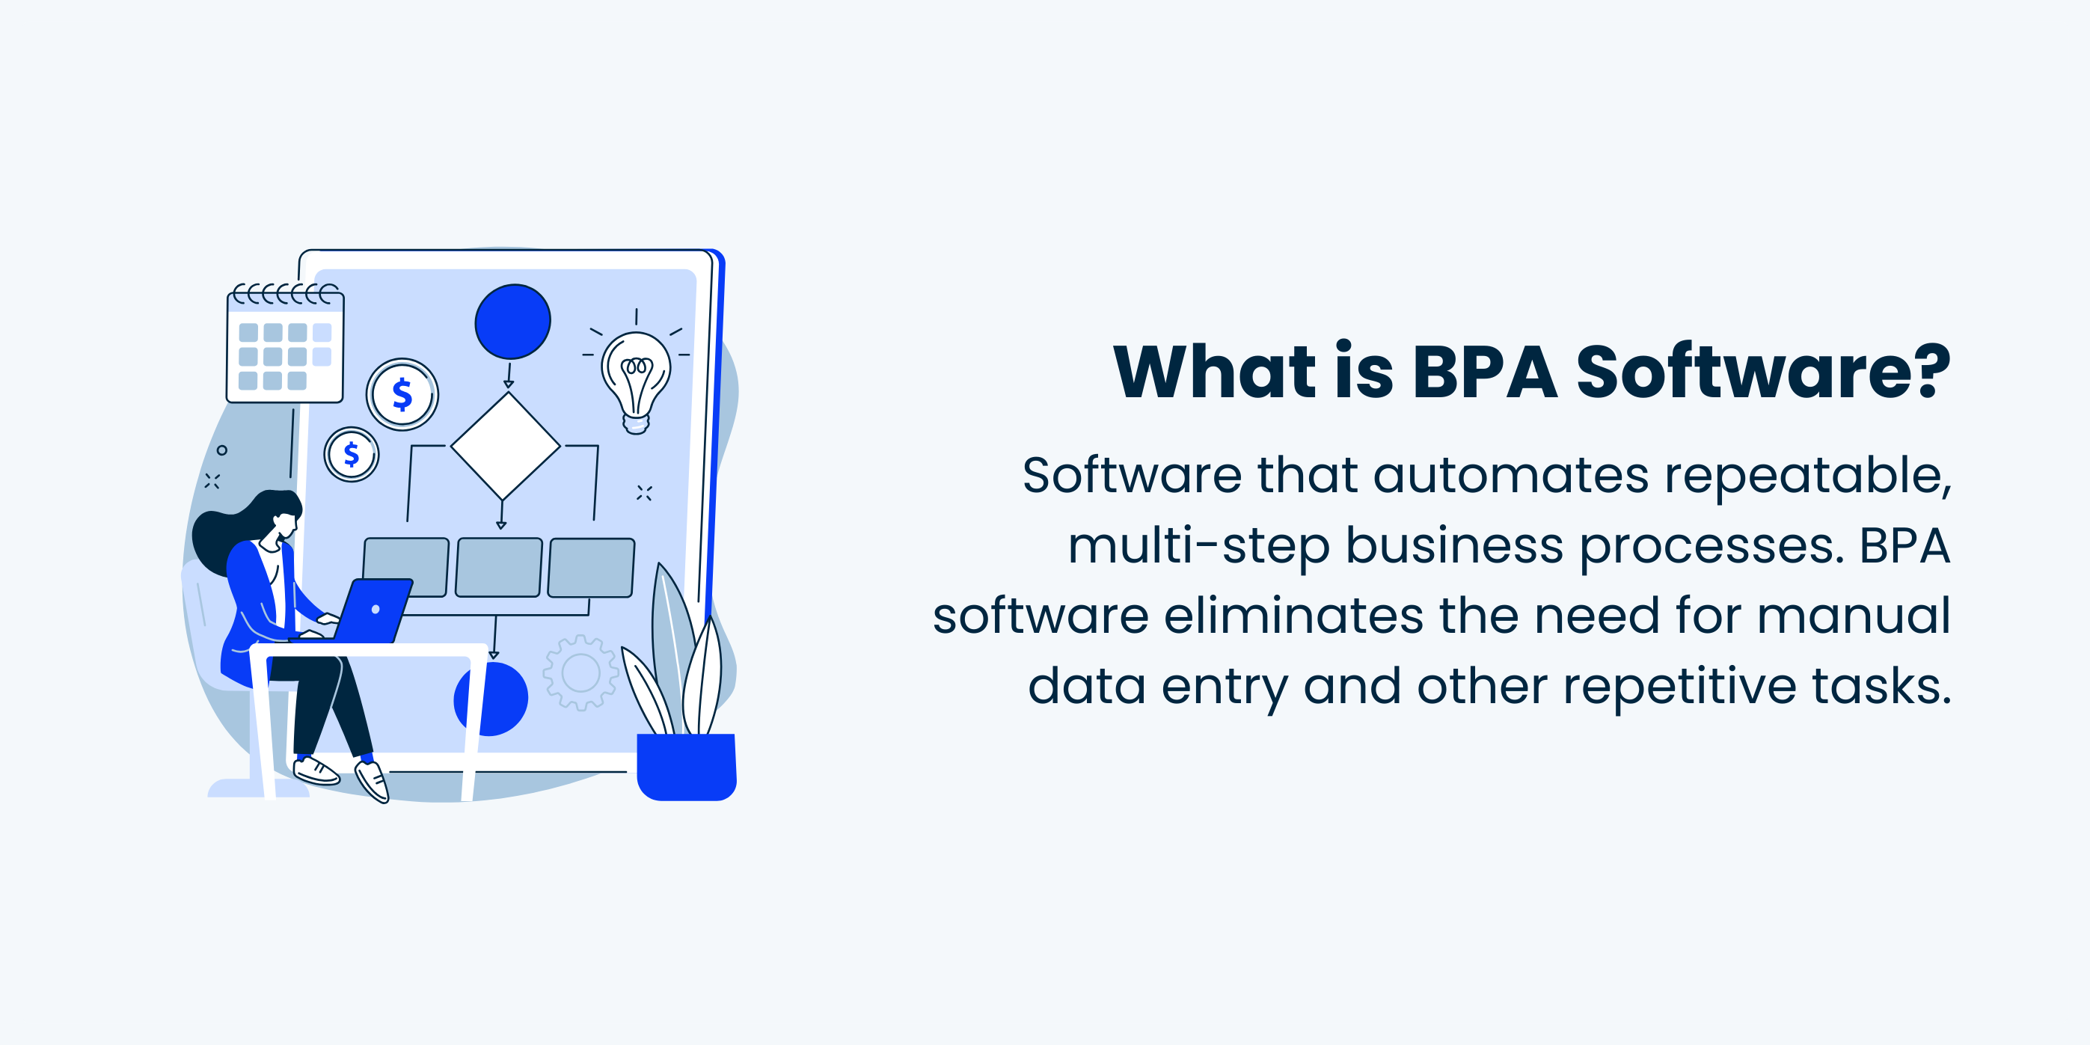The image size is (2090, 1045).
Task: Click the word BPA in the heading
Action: point(1484,373)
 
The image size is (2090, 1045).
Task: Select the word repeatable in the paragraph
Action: point(1808,476)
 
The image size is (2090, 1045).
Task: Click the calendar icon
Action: point(285,347)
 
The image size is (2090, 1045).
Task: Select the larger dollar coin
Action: point(402,394)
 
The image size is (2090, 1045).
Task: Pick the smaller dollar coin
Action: point(352,454)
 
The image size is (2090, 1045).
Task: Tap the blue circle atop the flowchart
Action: point(512,322)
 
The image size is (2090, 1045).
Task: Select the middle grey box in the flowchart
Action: point(498,567)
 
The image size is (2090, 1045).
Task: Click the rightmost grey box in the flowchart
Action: point(591,567)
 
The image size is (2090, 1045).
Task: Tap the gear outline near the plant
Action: point(580,672)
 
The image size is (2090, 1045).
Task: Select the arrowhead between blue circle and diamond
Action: point(509,384)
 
